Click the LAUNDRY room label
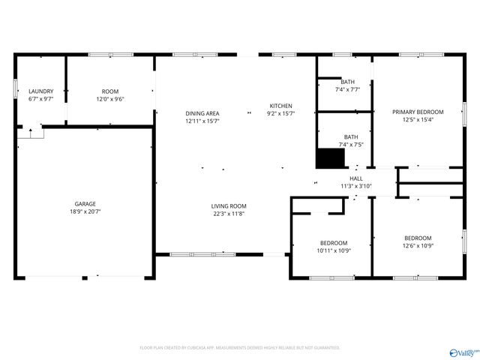pos(41,91)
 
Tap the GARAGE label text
pos(85,203)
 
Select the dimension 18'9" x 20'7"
pos(85,213)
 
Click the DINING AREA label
pos(202,113)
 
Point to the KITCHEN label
pos(281,106)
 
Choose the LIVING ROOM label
pos(228,205)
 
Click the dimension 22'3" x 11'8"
pos(228,214)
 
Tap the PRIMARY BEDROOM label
pos(418,112)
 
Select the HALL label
pos(356,178)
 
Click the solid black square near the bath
pos(329,159)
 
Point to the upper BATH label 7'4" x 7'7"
pos(348,82)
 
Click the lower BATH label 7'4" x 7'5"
pos(350,136)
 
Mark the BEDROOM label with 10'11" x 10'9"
pos(334,242)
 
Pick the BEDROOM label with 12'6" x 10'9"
pos(418,238)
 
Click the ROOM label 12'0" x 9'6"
pos(110,91)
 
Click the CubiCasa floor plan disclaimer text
pos(240,348)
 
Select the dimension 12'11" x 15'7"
pos(202,121)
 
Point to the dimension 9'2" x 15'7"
pos(281,114)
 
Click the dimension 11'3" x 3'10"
pos(356,186)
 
